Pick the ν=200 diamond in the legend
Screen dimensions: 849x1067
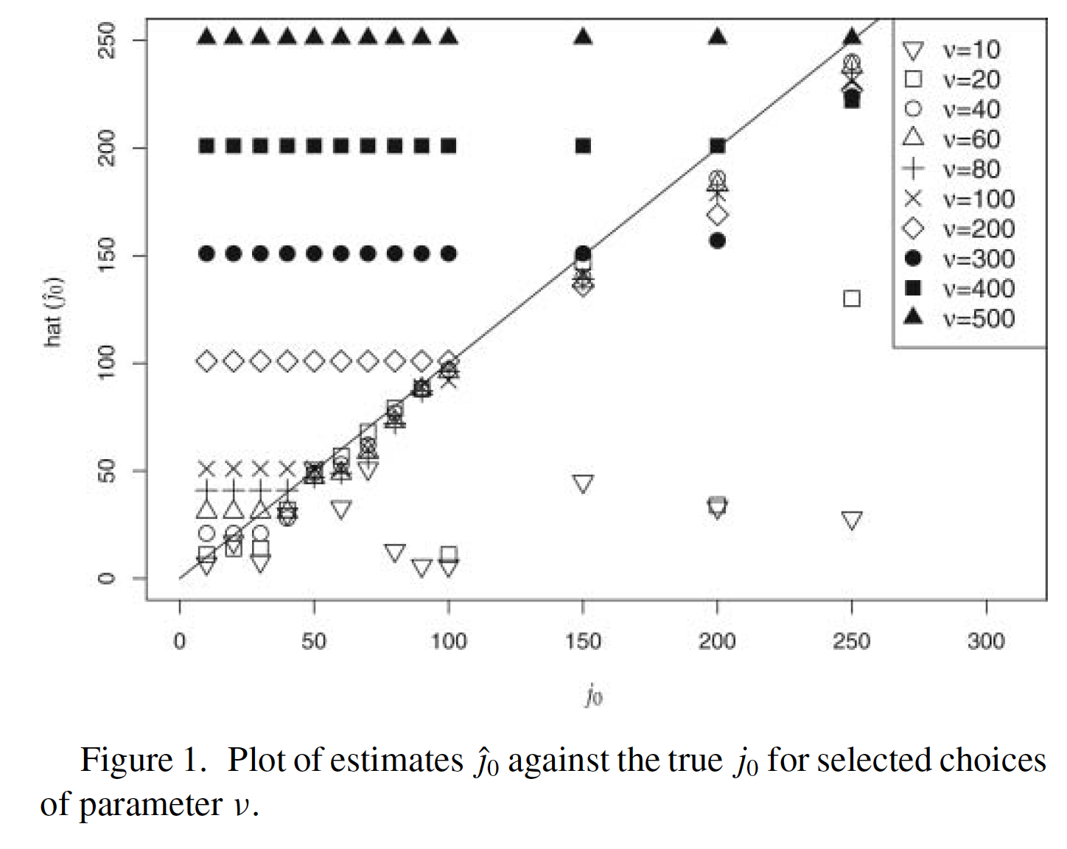[914, 228]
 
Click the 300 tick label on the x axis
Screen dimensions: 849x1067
[986, 640]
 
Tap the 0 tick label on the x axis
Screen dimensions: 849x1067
[180, 640]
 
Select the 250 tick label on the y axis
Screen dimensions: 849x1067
[106, 40]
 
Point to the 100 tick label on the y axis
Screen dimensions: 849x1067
[106, 363]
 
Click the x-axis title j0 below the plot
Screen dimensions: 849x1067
[594, 695]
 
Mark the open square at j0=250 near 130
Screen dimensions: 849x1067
[852, 298]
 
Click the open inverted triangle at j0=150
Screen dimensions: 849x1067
[583, 484]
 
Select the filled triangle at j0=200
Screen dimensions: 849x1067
[718, 36]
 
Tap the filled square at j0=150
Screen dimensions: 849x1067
[583, 146]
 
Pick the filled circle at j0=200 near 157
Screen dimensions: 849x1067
[718, 240]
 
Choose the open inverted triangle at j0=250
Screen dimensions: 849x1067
[852, 521]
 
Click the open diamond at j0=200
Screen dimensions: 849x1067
[718, 215]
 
